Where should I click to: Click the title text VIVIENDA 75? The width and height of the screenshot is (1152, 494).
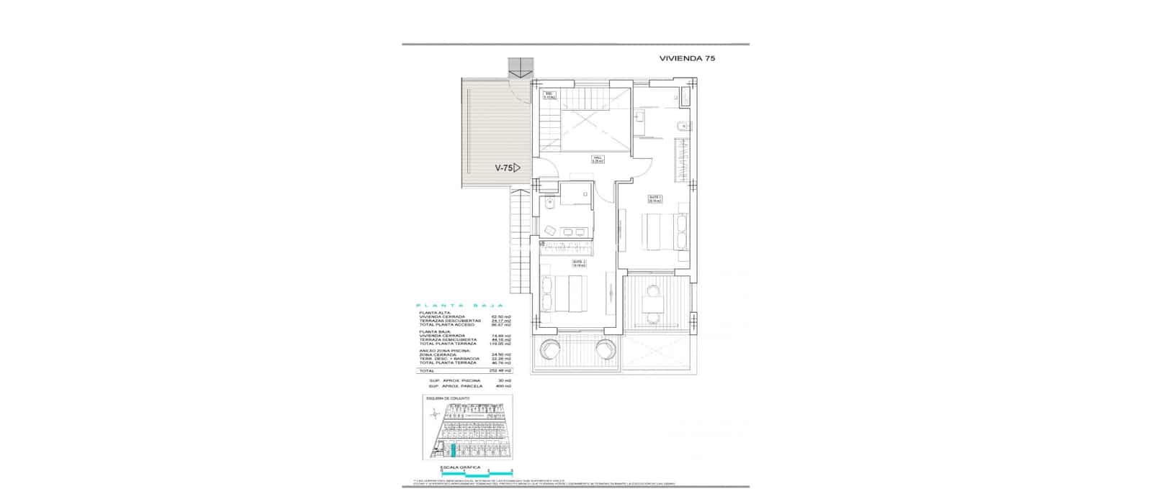pos(687,58)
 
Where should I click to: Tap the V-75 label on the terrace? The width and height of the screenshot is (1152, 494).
pos(503,168)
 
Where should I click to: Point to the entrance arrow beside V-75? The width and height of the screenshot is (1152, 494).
pos(517,168)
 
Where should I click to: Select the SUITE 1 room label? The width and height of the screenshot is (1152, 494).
pos(654,199)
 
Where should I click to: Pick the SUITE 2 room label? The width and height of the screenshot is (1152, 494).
pos(579,263)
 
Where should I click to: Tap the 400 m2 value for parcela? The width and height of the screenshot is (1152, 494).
pos(503,386)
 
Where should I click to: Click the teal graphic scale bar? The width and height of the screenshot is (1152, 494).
pos(477,472)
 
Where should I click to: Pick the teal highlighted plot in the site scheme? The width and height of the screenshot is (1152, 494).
pos(452,452)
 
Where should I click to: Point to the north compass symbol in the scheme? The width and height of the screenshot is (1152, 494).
pos(435,413)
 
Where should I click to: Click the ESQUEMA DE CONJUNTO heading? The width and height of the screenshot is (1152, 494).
pos(447,398)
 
